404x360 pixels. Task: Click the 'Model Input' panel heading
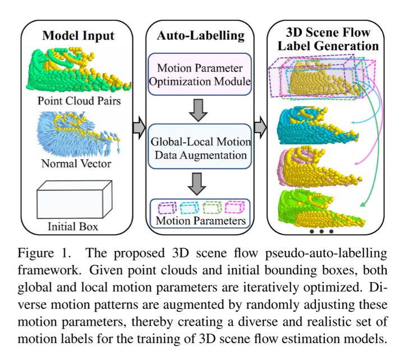79,36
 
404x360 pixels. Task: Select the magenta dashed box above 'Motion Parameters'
233,207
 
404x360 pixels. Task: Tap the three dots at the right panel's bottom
321,231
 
